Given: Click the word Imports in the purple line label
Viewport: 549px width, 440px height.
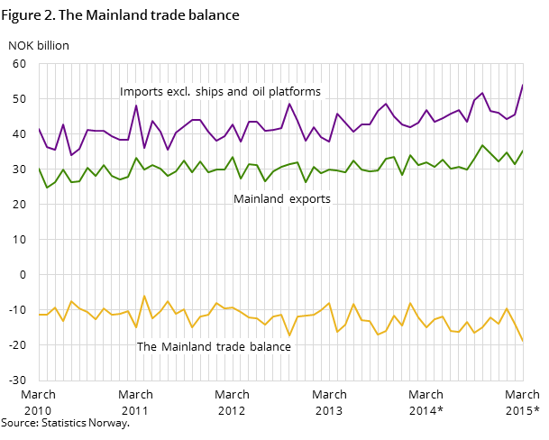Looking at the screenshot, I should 141,92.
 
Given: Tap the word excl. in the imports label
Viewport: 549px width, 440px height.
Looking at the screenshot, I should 184,92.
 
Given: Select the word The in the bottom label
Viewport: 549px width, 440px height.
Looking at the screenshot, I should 147,347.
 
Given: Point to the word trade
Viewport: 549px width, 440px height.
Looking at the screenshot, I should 232,347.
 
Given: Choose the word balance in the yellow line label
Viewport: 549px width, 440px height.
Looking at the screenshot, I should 271,347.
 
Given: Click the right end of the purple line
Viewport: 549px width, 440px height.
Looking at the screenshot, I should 523,85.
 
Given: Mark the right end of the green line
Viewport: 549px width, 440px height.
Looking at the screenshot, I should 523,151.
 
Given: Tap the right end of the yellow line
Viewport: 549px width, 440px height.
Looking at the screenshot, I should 523,340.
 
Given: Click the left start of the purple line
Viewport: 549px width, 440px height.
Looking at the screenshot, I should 39,128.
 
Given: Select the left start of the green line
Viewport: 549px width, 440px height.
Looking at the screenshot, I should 39,169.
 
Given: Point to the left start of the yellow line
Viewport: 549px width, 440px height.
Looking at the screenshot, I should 39,315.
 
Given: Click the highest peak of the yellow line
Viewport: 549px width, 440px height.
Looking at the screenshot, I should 144,296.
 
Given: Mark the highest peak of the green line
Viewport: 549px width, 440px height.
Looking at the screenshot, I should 482,145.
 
